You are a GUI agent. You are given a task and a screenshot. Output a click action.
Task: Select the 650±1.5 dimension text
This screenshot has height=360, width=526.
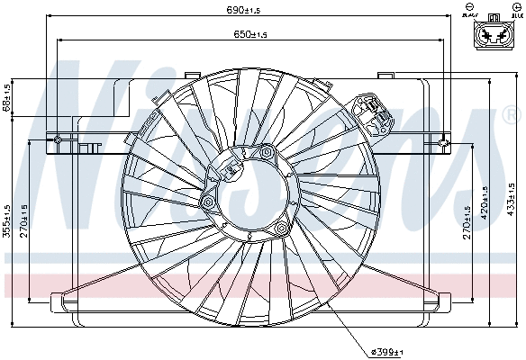[x=244, y=34]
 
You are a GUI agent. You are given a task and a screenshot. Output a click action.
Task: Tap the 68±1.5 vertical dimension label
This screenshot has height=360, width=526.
[x=7, y=98]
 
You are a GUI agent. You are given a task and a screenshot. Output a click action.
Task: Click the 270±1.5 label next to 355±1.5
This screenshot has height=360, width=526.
[x=25, y=216]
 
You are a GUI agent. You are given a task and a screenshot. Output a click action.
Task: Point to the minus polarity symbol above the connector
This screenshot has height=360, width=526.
[x=471, y=6]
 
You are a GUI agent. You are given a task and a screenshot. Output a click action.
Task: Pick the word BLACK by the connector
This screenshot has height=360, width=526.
[x=470, y=15]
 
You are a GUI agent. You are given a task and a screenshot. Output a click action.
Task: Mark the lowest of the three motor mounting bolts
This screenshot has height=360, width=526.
[x=281, y=229]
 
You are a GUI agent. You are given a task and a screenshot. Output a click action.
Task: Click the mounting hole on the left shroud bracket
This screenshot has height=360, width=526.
[x=58, y=139]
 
